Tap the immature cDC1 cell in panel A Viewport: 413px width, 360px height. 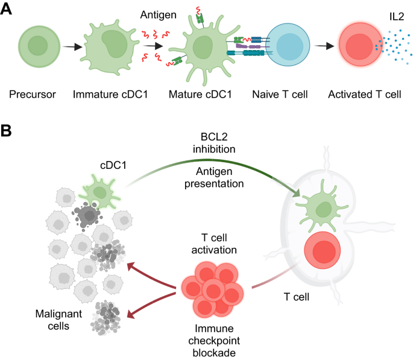coord(109,48)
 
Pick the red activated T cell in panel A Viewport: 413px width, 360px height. coord(360,48)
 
